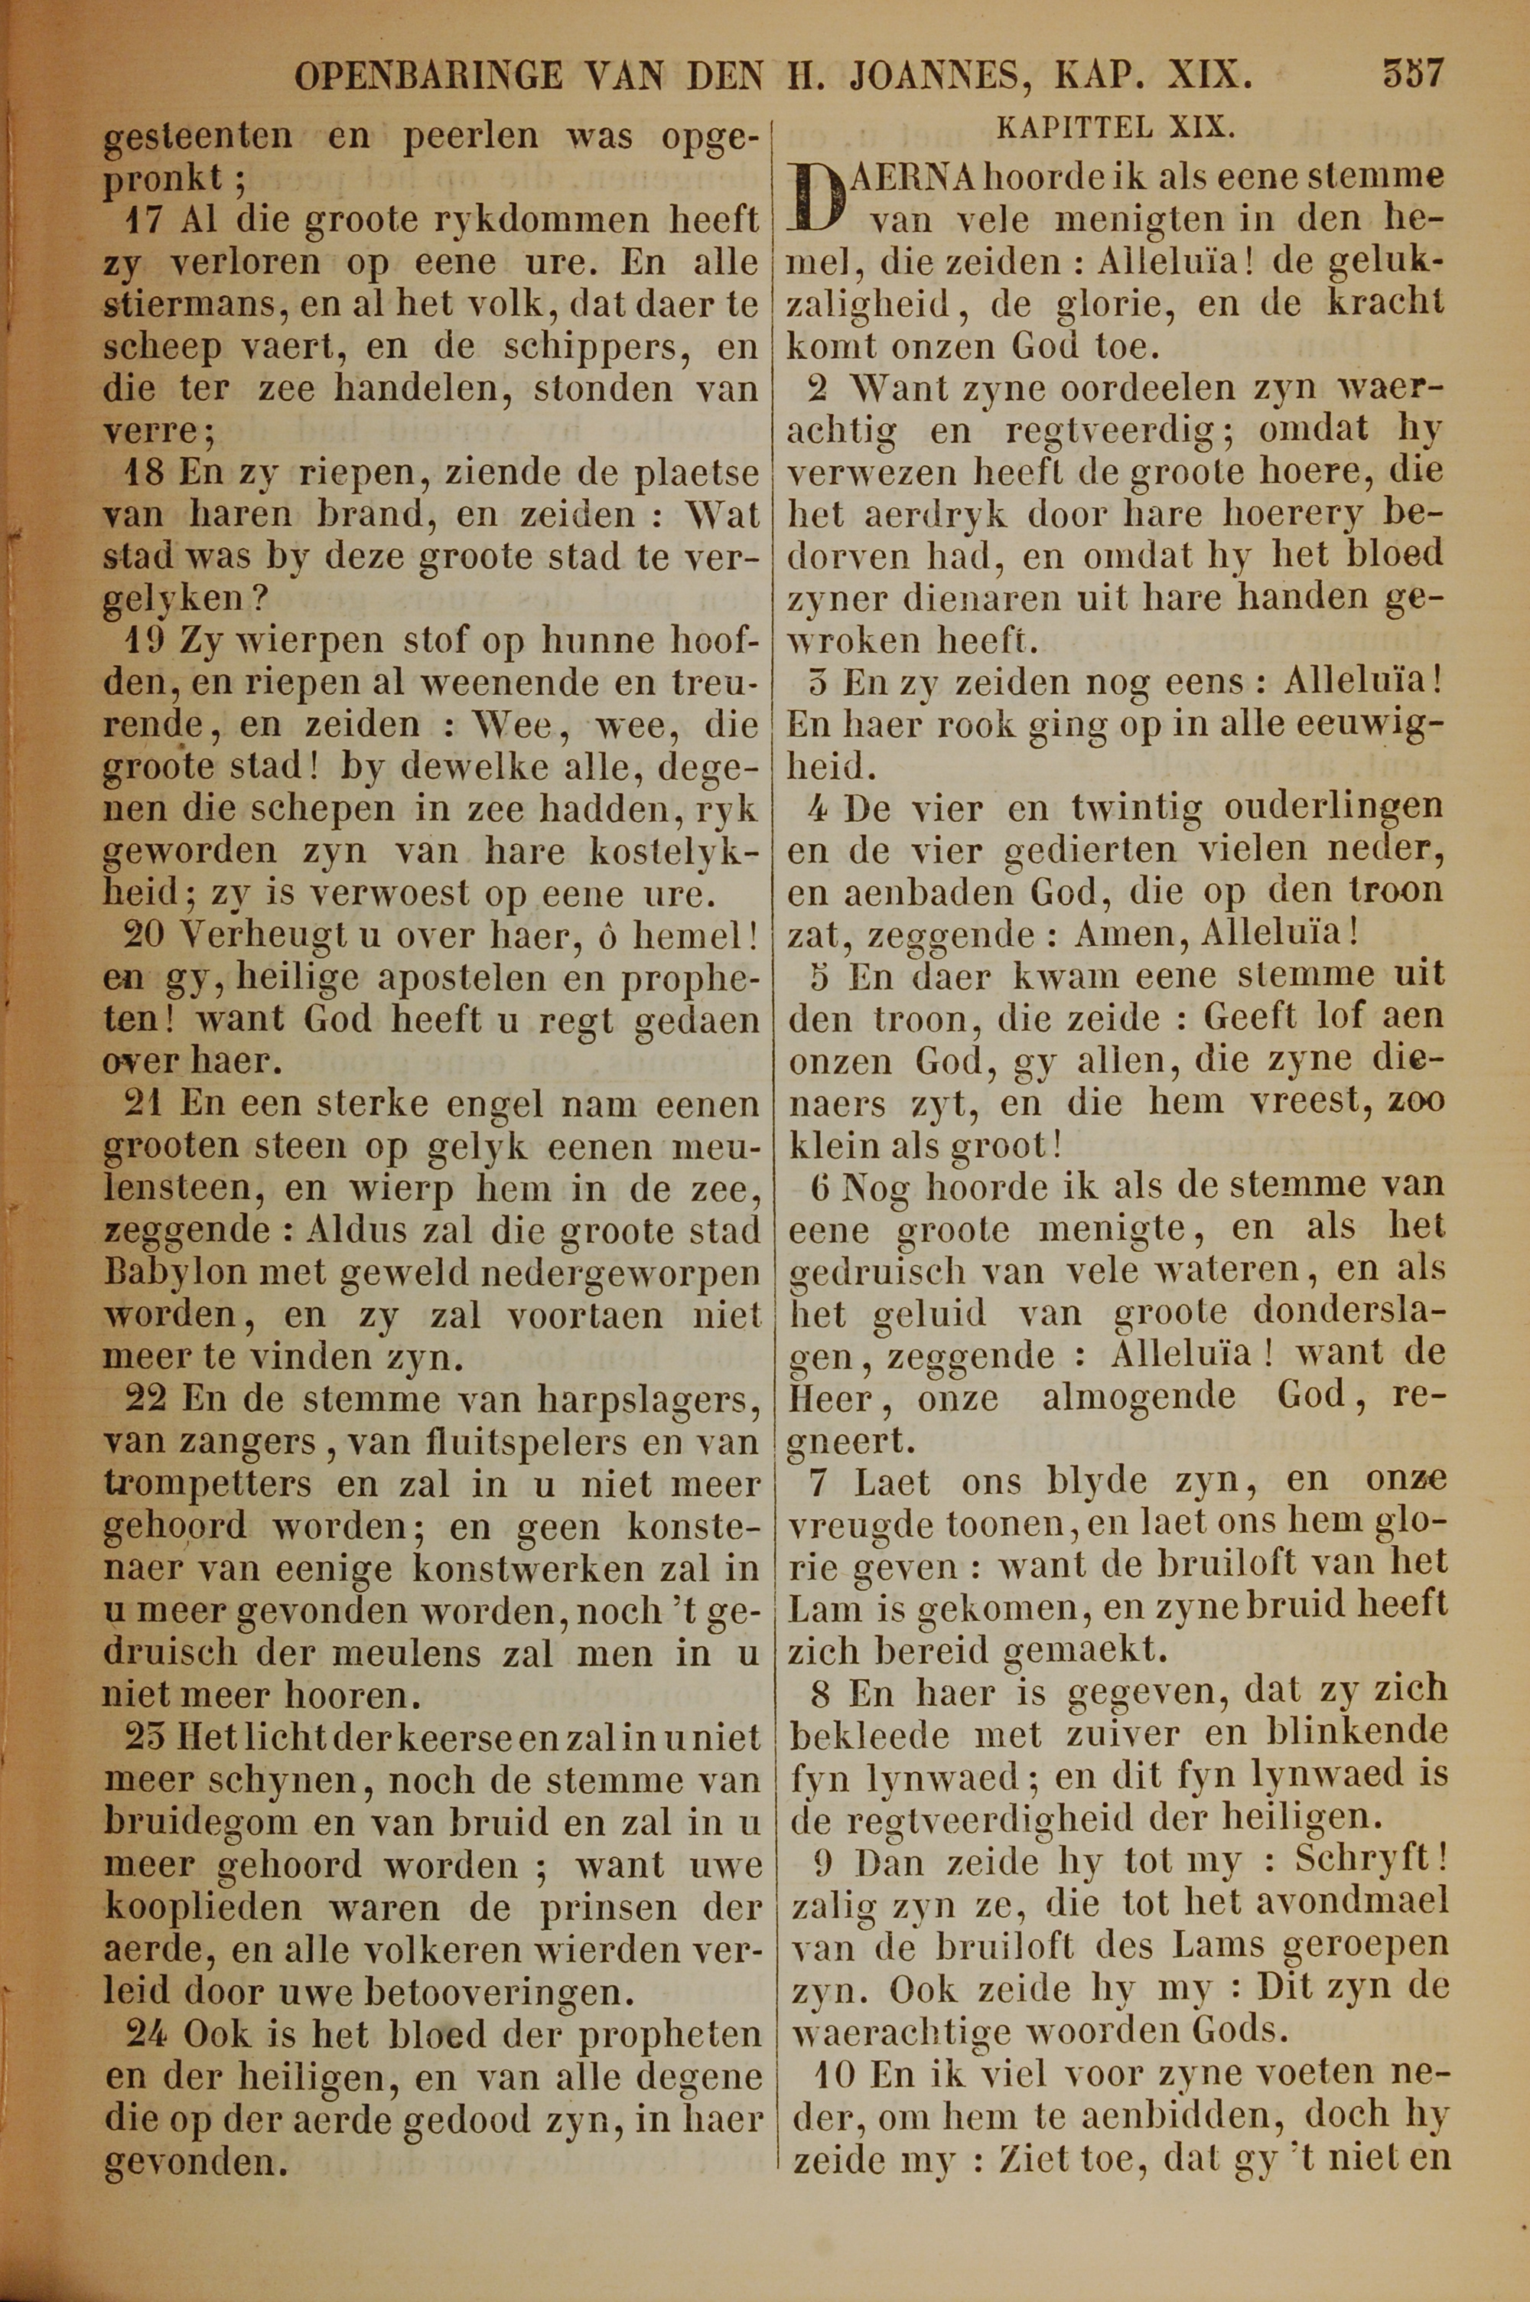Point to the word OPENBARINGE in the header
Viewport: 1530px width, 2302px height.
(x=428, y=75)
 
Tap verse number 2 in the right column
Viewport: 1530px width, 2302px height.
(x=819, y=388)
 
